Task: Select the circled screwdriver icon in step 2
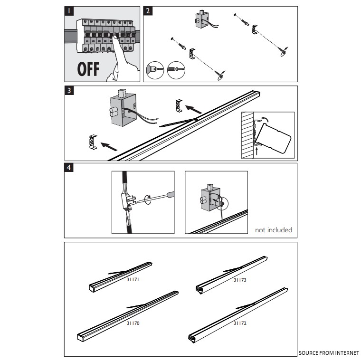point(176,70)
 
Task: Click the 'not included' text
point(273,230)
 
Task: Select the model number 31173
point(240,280)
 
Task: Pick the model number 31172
point(240,323)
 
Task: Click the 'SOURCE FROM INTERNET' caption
point(329,353)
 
